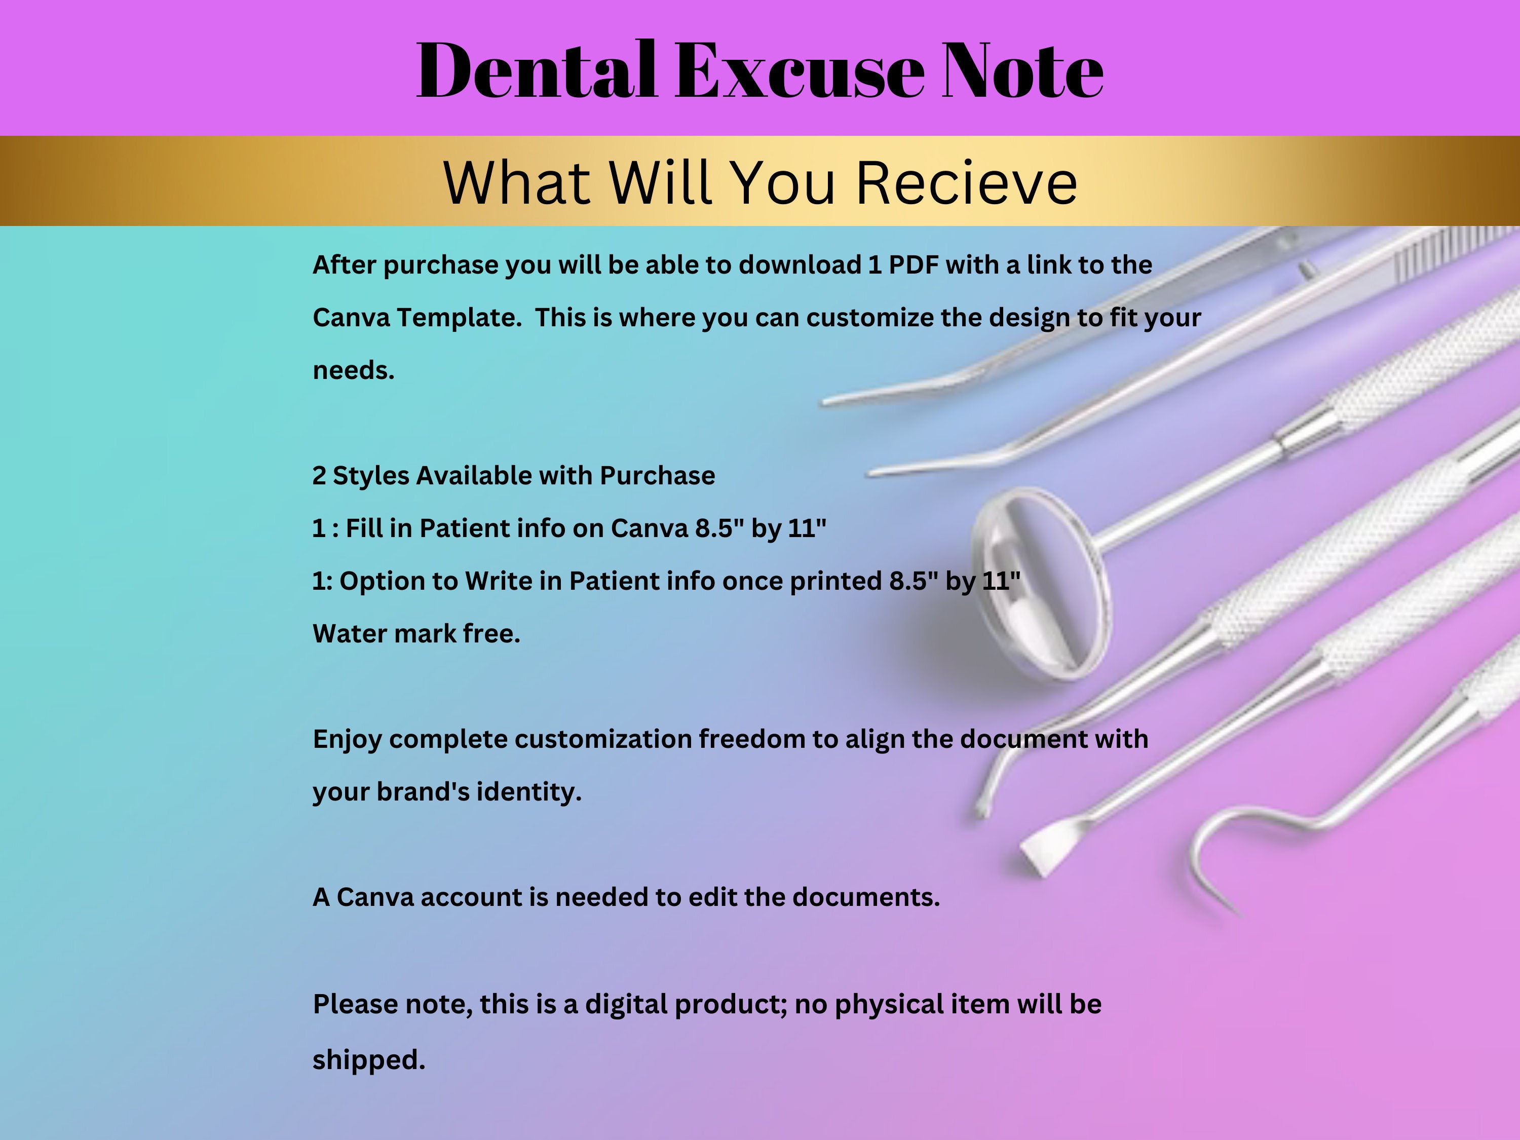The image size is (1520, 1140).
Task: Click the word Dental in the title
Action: tap(536, 71)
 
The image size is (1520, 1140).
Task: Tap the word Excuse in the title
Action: tap(801, 71)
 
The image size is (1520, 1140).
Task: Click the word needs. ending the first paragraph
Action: tap(353, 371)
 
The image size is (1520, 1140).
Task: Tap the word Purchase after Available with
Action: tap(657, 476)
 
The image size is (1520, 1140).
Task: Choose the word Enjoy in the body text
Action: tap(347, 739)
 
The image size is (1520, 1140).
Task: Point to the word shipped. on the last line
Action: tap(369, 1059)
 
